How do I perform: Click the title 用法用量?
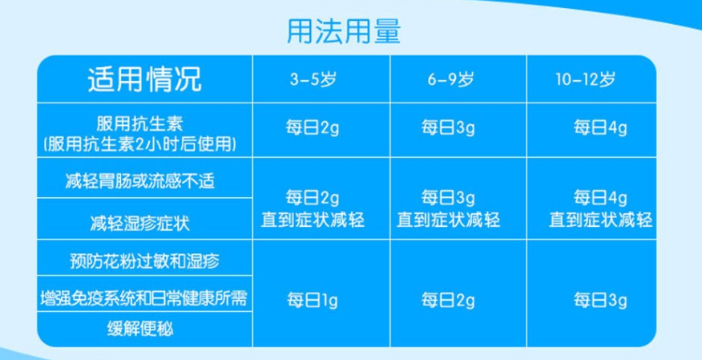pyautogui.click(x=344, y=30)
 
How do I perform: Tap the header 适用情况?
pyautogui.click(x=144, y=79)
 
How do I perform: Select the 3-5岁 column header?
pyautogui.click(x=313, y=79)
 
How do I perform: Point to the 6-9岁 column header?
pyautogui.click(x=450, y=79)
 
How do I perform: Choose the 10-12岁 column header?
pyautogui.click(x=586, y=79)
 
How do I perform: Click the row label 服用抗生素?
pyautogui.click(x=139, y=123)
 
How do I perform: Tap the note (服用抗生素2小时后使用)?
pyautogui.click(x=139, y=144)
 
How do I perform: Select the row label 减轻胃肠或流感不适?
pyautogui.click(x=139, y=181)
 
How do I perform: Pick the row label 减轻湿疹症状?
pyautogui.click(x=139, y=223)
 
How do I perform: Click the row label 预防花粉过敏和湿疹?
pyautogui.click(x=144, y=261)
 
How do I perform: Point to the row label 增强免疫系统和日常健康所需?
pyautogui.click(x=143, y=298)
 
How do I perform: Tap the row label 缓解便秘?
pyautogui.click(x=139, y=329)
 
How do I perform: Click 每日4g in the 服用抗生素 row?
pyautogui.click(x=600, y=128)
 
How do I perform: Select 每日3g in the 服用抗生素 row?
pyautogui.click(x=448, y=128)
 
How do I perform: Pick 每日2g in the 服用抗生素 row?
pyautogui.click(x=313, y=128)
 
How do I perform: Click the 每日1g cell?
pyautogui.click(x=313, y=300)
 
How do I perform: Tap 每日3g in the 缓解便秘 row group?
pyautogui.click(x=600, y=300)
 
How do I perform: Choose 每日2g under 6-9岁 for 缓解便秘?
pyautogui.click(x=448, y=300)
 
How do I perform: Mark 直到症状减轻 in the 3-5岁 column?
pyautogui.click(x=313, y=220)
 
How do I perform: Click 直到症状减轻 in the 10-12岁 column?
pyautogui.click(x=600, y=220)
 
